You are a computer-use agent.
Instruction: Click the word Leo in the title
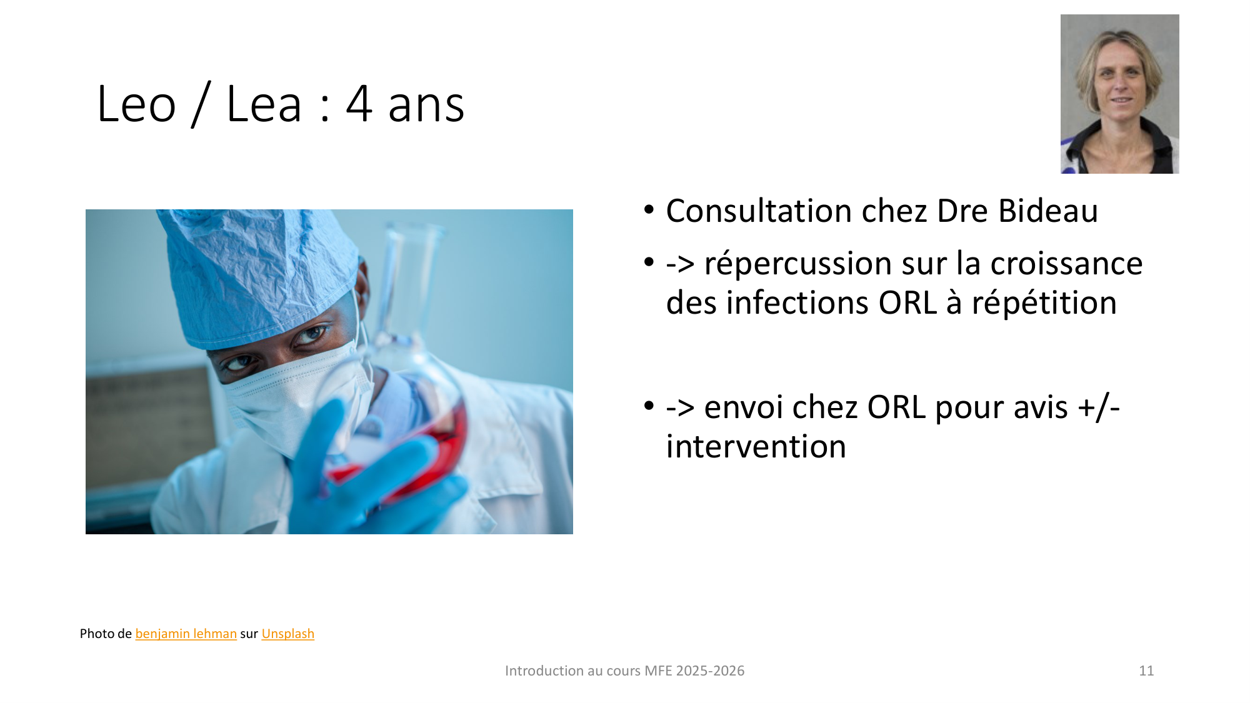point(136,104)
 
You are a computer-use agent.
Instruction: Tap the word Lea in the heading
point(264,104)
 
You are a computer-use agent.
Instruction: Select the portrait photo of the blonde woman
point(1119,94)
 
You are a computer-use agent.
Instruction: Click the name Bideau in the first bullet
point(1047,211)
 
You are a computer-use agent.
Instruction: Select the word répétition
point(1044,303)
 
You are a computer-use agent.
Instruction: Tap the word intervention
point(756,447)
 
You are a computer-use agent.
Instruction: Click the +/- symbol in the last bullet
point(1099,407)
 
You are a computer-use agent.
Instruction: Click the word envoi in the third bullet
point(744,407)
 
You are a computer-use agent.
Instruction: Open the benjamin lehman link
point(186,634)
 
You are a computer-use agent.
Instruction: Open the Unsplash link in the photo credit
point(287,634)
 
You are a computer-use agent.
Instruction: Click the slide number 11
point(1146,671)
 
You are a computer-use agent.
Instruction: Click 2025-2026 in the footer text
point(710,671)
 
